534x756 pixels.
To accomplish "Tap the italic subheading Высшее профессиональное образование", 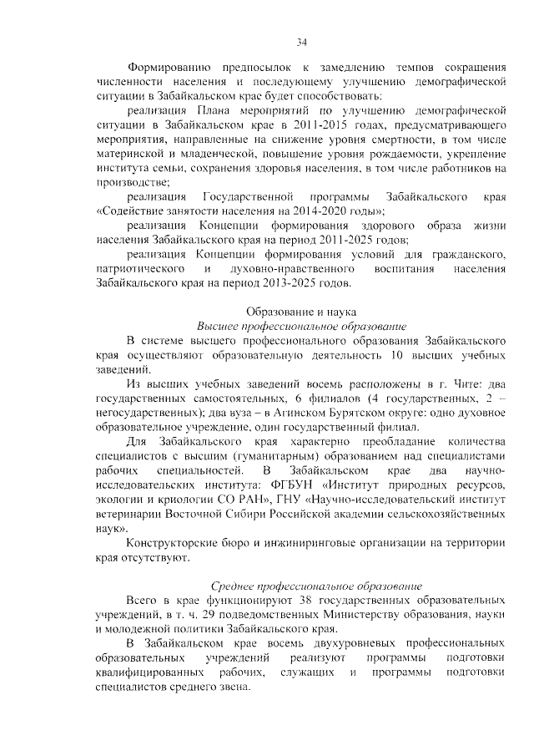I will (301, 325).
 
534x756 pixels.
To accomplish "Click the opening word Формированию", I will (166, 66).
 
